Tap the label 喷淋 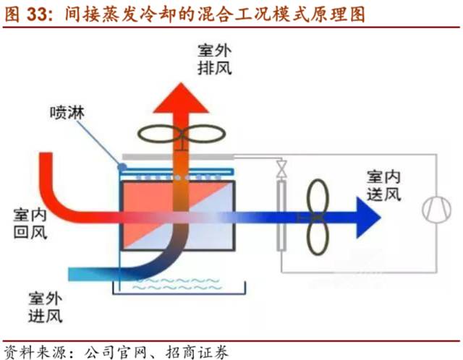click(63, 113)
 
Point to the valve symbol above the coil click(279, 168)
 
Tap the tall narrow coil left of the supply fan click(281, 214)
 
